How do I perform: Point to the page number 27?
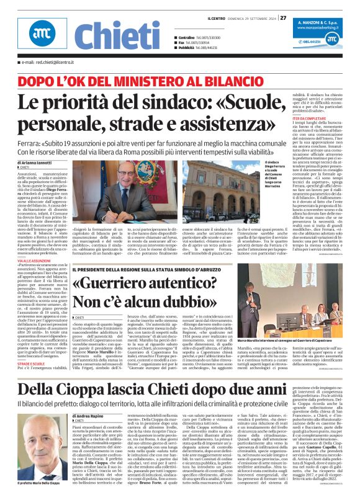[x=283, y=17]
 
